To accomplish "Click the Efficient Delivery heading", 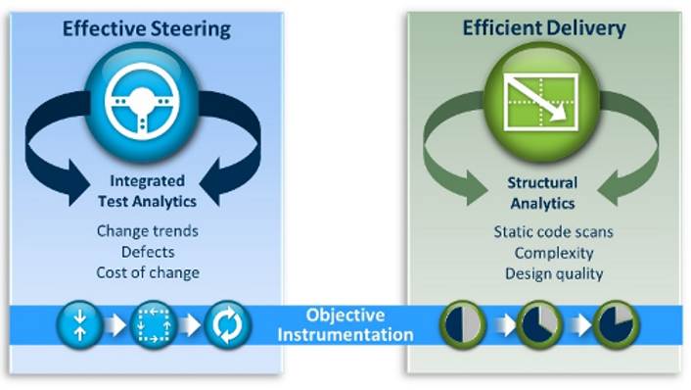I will (543, 27).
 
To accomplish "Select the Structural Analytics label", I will (541, 193).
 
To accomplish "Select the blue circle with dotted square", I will (153, 324).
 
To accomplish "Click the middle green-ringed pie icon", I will (538, 324).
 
